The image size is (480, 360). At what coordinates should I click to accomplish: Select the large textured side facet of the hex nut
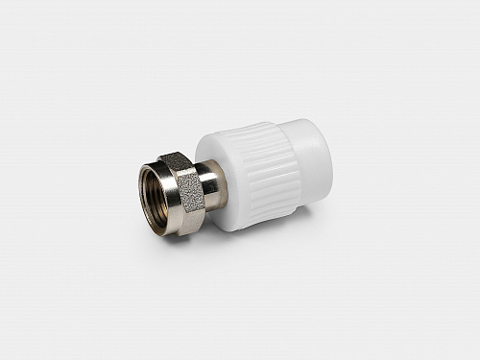tap(190, 200)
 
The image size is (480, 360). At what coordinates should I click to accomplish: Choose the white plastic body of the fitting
tap(264, 173)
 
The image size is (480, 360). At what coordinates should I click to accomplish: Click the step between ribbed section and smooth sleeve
tap(286, 163)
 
